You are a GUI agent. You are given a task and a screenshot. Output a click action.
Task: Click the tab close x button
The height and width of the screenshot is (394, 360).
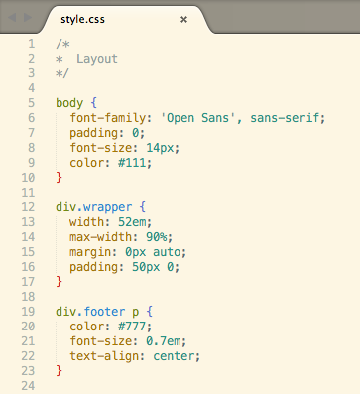pyautogui.click(x=184, y=18)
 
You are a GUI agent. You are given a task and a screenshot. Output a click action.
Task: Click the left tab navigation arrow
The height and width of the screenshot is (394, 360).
pyautogui.click(x=13, y=18)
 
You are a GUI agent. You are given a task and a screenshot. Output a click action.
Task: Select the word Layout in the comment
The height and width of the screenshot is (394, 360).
pyautogui.click(x=97, y=59)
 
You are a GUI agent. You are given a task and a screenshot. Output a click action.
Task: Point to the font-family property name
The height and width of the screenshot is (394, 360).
pyautogui.click(x=106, y=118)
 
